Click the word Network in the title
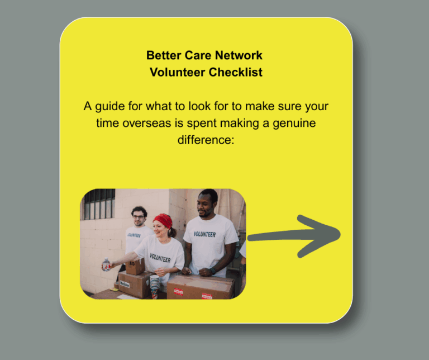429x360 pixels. (239, 55)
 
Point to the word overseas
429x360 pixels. (147, 123)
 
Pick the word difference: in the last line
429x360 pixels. (206, 140)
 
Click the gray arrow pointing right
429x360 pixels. (294, 236)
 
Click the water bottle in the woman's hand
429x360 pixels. (106, 265)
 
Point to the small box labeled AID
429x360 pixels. (135, 267)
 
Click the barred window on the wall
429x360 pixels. (99, 204)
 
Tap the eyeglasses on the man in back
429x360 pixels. (139, 217)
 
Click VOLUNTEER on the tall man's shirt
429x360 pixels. (204, 234)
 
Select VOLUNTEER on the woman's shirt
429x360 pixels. (160, 258)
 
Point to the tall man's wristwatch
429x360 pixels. (213, 271)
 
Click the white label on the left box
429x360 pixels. (125, 284)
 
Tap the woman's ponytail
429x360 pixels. (172, 233)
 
